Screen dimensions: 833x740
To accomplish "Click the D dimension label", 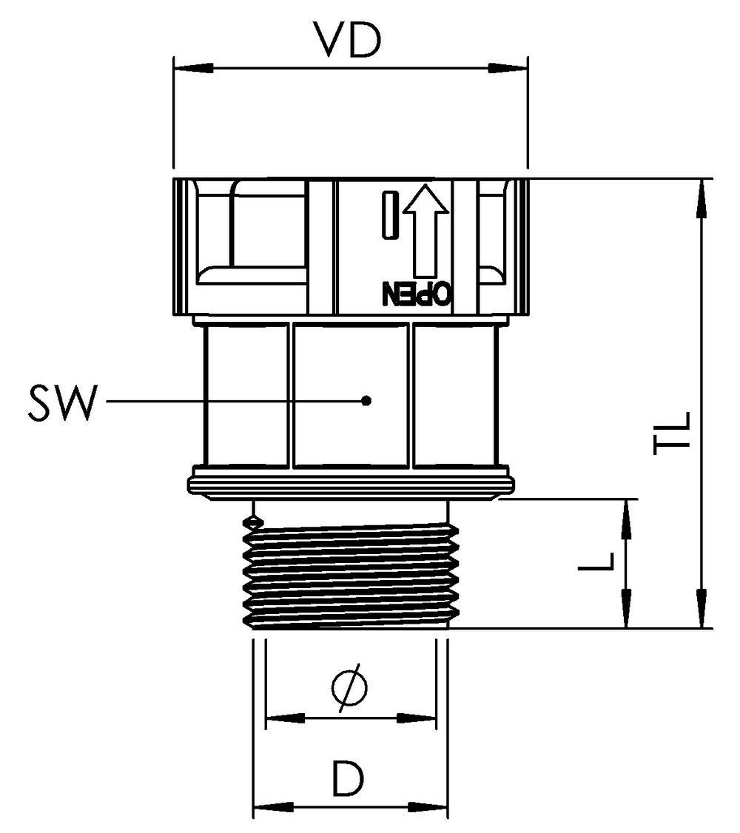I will coord(349,778).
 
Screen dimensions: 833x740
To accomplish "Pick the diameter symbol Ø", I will coord(349,688).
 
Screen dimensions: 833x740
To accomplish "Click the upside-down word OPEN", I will coord(416,294).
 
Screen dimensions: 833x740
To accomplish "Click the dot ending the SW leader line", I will coord(366,401).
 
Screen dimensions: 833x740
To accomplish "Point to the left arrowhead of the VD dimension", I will coord(189,69).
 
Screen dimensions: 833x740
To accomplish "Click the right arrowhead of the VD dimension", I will coord(511,69).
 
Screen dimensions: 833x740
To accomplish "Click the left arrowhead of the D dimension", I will coord(271,806).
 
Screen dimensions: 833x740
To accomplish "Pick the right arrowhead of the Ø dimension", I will coord(418,718).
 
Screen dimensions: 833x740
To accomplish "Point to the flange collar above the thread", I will coord(351,482).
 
